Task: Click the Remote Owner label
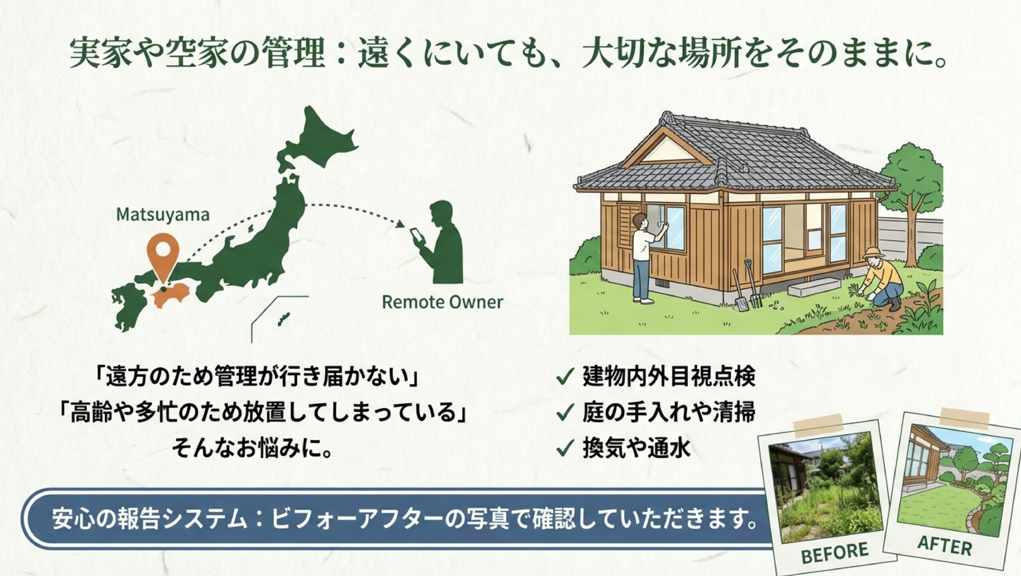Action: pos(442,302)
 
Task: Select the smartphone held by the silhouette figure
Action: pos(416,238)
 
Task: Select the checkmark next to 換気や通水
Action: pos(565,448)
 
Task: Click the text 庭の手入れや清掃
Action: pos(668,413)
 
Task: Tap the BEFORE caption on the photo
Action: pos(834,552)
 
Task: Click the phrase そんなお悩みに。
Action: pos(252,448)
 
